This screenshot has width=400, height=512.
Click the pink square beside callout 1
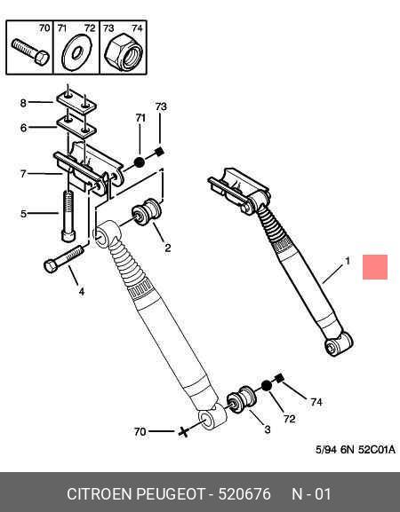coord(375,267)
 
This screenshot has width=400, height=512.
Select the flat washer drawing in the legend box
coord(76,52)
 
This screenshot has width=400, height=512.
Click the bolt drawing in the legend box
coord(30,52)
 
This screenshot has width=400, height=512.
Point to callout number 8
coord(23,103)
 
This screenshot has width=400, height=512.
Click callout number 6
coord(23,128)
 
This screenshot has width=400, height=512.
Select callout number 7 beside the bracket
coord(23,174)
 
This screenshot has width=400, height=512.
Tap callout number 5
coord(23,214)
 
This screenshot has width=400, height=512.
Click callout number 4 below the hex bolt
coord(82,291)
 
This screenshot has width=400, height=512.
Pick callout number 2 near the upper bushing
coord(167,248)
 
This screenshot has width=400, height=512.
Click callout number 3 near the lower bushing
coord(268,429)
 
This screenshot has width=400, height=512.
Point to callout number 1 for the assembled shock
coord(348,261)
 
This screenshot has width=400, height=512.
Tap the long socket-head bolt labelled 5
coord(68,217)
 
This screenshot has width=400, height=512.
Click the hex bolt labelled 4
coord(63,259)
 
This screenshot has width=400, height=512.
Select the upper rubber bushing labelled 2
coord(147,211)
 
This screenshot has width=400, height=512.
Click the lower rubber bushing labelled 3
coord(242,399)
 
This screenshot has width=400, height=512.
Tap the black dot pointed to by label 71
coord(139,162)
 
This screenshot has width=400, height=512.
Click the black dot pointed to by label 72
coord(267,386)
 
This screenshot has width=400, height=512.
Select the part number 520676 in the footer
coord(244,493)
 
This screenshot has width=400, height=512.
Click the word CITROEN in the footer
coord(100,493)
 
